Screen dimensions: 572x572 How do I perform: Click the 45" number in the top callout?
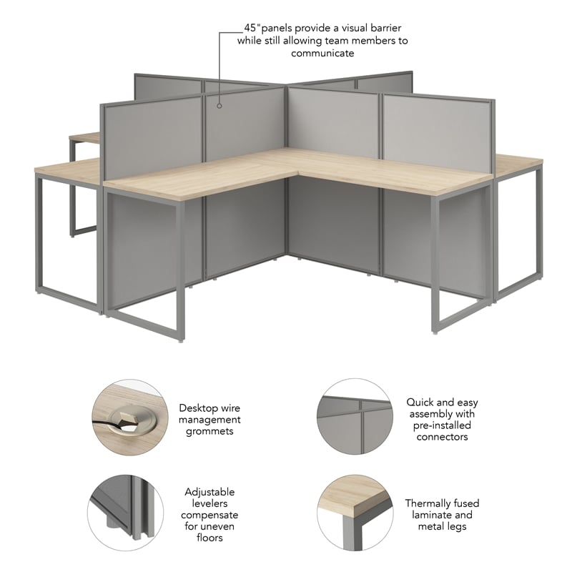pyautogui.click(x=252, y=28)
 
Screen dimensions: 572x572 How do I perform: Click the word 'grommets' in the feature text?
pyautogui.click(x=209, y=431)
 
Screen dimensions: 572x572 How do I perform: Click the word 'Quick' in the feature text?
pyautogui.click(x=421, y=402)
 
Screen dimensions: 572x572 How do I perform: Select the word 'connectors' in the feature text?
pyautogui.click(x=442, y=436)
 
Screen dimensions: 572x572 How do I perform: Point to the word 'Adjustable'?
pyautogui.click(x=209, y=492)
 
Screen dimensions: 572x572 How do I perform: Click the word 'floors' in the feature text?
pyautogui.click(x=209, y=538)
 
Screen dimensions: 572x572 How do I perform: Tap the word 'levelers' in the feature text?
pyautogui.click(x=209, y=503)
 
